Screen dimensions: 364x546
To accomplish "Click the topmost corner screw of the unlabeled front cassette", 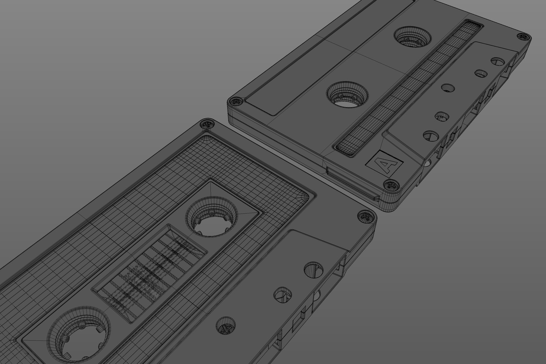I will (x=208, y=124).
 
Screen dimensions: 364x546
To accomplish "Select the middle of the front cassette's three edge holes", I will (x=283, y=293).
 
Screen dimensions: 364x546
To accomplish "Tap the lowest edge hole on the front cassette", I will (x=225, y=326).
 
